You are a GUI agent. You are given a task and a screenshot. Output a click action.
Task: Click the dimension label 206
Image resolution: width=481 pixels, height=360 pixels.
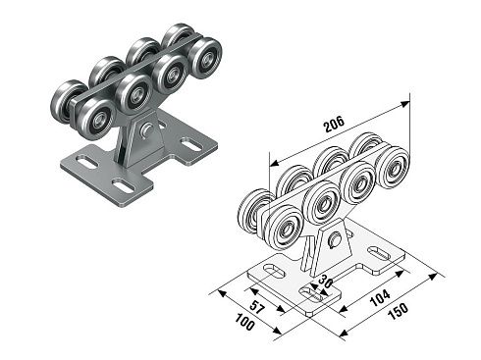(334, 124)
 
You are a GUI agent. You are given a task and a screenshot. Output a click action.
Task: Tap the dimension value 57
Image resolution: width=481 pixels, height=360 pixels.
(256, 307)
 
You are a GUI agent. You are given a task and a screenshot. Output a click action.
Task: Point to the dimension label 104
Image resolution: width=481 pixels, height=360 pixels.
(380, 297)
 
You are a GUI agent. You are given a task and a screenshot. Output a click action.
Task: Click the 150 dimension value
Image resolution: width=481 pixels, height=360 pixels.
(398, 311)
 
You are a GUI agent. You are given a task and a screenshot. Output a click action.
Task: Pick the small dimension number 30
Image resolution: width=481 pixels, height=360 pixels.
(325, 281)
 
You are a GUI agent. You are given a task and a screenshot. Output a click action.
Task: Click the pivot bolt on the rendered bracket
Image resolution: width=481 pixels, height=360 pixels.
(146, 129)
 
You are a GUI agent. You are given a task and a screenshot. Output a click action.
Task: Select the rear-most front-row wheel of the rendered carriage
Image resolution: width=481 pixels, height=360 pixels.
(205, 58)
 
